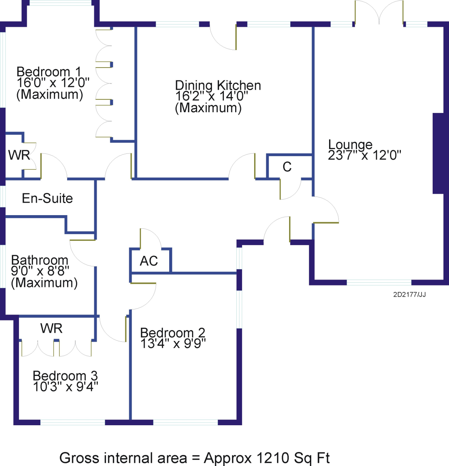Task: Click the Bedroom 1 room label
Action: pyautogui.click(x=49, y=71)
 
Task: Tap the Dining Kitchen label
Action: pyautogui.click(x=218, y=85)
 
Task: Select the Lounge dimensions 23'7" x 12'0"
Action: pyautogui.click(x=364, y=155)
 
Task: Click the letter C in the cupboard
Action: pyautogui.click(x=287, y=167)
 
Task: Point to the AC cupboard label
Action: pyautogui.click(x=149, y=261)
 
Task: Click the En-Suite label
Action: pyautogui.click(x=47, y=198)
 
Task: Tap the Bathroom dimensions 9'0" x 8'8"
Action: pyautogui.click(x=40, y=271)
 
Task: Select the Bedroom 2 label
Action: pyautogui.click(x=173, y=332)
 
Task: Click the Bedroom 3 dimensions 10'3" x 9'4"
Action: pyautogui.click(x=66, y=387)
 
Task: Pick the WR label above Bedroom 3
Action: pyautogui.click(x=52, y=328)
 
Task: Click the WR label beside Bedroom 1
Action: pyautogui.click(x=19, y=155)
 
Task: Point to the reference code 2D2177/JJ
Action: pyautogui.click(x=409, y=294)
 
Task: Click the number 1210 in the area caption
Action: pyautogui.click(x=272, y=458)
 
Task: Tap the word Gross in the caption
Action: pyautogui.click(x=79, y=458)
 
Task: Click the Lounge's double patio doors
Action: pyautogui.click(x=379, y=12)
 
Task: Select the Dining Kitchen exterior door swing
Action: pyautogui.click(x=223, y=37)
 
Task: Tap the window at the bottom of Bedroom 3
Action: pyautogui.click(x=73, y=422)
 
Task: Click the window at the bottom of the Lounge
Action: pyautogui.click(x=379, y=282)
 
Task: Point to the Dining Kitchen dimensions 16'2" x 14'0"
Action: pyautogui.click(x=211, y=96)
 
